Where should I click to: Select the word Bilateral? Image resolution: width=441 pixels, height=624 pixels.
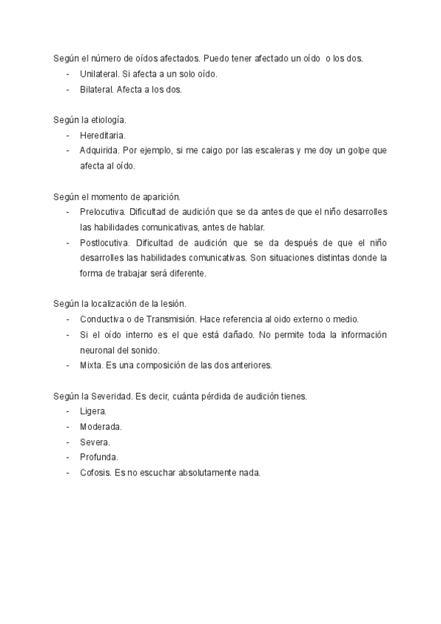[97, 90]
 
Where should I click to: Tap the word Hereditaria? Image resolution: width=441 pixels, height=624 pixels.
[102, 135]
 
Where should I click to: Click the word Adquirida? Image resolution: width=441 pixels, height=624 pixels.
[99, 151]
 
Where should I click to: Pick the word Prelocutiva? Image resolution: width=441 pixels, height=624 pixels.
[102, 212]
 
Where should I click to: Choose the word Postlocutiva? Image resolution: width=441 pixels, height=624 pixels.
[104, 243]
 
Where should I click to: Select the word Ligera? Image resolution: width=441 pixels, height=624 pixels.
[93, 411]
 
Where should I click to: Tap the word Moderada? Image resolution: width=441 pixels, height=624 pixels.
[101, 427]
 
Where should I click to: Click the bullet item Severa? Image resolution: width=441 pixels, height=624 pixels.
[95, 442]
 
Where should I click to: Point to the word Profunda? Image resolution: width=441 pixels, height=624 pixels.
[98, 458]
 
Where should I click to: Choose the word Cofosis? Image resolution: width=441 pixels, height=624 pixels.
[95, 473]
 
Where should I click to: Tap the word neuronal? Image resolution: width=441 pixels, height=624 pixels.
[98, 350]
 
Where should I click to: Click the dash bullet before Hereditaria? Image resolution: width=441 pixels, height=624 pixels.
[68, 135]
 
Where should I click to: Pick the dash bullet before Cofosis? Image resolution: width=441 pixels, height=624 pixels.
[68, 473]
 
